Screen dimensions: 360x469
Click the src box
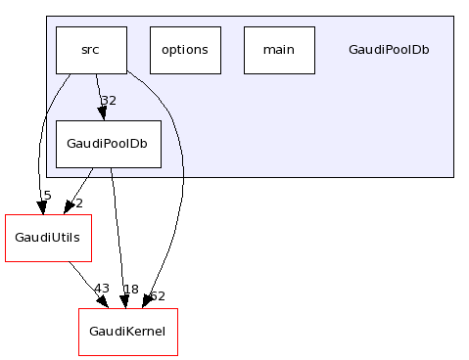[x=91, y=50]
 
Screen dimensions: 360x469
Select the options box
[x=185, y=50]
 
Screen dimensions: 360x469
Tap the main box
[x=279, y=50]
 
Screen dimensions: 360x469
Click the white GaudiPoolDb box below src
[x=108, y=144]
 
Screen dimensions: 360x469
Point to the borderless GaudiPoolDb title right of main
[x=389, y=50]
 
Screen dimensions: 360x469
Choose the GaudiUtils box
[x=48, y=237]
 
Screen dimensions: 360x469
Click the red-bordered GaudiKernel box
[x=127, y=332]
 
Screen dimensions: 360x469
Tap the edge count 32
[x=109, y=100]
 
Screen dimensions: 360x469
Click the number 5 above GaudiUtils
[x=47, y=196]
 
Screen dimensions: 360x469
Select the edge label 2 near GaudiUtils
[x=78, y=203]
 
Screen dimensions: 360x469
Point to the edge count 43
[x=101, y=289]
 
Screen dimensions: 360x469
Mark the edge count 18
[x=130, y=290]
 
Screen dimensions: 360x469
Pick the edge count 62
[x=157, y=296]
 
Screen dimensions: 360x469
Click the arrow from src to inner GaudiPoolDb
[x=98, y=93]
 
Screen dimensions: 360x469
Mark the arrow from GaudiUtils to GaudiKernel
[x=88, y=284]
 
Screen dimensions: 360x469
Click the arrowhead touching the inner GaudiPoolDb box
[x=103, y=113]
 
